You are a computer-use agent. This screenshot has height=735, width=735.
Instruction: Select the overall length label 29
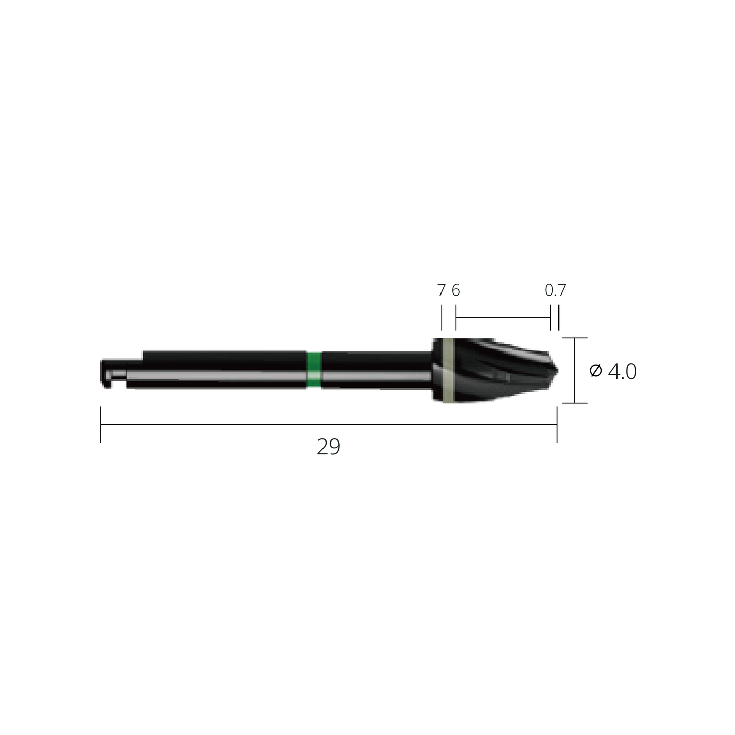[328, 447]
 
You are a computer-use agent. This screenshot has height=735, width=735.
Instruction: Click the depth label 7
[441, 290]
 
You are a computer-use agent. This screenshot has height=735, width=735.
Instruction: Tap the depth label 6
[455, 290]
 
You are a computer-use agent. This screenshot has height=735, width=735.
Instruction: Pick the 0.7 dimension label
[555, 290]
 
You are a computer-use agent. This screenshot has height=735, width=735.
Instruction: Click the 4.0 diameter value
[622, 372]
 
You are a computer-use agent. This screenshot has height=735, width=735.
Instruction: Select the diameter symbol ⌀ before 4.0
[596, 371]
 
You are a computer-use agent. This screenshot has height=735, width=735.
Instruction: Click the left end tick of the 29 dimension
[101, 424]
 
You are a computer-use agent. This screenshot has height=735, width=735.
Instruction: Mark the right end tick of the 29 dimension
[557, 424]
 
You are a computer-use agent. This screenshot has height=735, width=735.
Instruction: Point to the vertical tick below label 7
[441, 318]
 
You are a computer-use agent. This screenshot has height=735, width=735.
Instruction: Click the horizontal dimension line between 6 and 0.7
[503, 317]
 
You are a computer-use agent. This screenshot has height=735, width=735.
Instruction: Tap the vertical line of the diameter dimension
[575, 370]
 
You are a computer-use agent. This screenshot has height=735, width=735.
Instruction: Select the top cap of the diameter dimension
[575, 338]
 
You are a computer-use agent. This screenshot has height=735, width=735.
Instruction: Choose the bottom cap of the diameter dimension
[575, 403]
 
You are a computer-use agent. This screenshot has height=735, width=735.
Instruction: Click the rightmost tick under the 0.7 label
[559, 318]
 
